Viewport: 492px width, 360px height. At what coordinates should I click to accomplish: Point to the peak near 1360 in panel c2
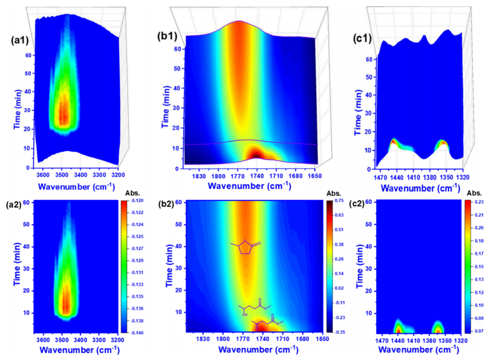pyautogui.click(x=438, y=329)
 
